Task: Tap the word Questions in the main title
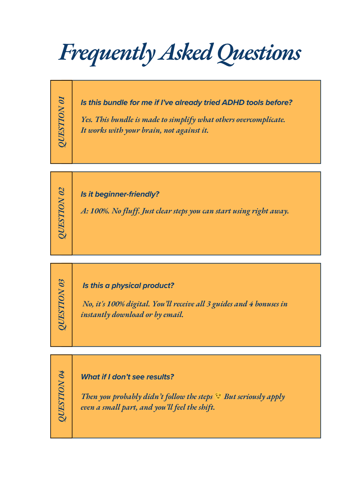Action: pos(259,53)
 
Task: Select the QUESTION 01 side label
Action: pos(62,122)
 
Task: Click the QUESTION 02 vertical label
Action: pos(62,213)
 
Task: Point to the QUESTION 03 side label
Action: pos(62,305)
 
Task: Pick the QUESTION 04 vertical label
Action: pos(62,396)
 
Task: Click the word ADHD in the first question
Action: pos(233,102)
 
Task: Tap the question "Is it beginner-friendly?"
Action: pos(120,194)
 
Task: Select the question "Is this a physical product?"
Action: pos(128,286)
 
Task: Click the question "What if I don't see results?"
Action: pos(127,377)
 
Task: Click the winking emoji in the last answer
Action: pos(218,396)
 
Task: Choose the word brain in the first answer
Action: pos(148,130)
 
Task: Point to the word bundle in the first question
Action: pos(116,102)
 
